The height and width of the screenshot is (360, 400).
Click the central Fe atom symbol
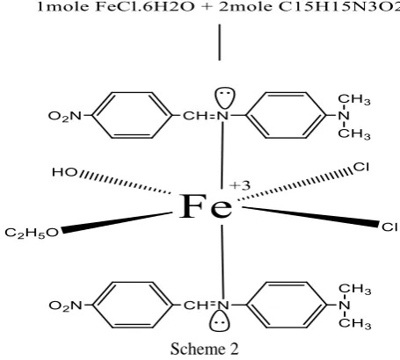pos(206,206)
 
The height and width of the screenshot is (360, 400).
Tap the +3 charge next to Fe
pos(240,185)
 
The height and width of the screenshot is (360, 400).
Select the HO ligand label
pos(64,172)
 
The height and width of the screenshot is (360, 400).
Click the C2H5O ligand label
pos(32,233)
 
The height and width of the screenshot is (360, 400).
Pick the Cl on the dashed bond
pos(361,167)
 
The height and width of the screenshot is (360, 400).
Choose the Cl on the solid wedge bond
pos(389,227)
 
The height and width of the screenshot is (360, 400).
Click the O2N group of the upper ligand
pos(65,116)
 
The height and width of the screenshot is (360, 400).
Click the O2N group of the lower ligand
pos(66,306)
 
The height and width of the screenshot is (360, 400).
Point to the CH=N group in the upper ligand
pos(206,116)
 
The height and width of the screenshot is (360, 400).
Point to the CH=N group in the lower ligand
pos(206,306)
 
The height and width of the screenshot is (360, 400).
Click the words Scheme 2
pos(205,349)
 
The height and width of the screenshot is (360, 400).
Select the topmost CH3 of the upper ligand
pos(354,99)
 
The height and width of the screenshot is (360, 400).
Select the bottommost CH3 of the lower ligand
pos(355,323)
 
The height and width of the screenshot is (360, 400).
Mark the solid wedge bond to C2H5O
pos(117,222)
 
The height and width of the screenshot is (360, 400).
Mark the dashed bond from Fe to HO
pos(125,182)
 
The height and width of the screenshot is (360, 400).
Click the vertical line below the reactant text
pos(220,42)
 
